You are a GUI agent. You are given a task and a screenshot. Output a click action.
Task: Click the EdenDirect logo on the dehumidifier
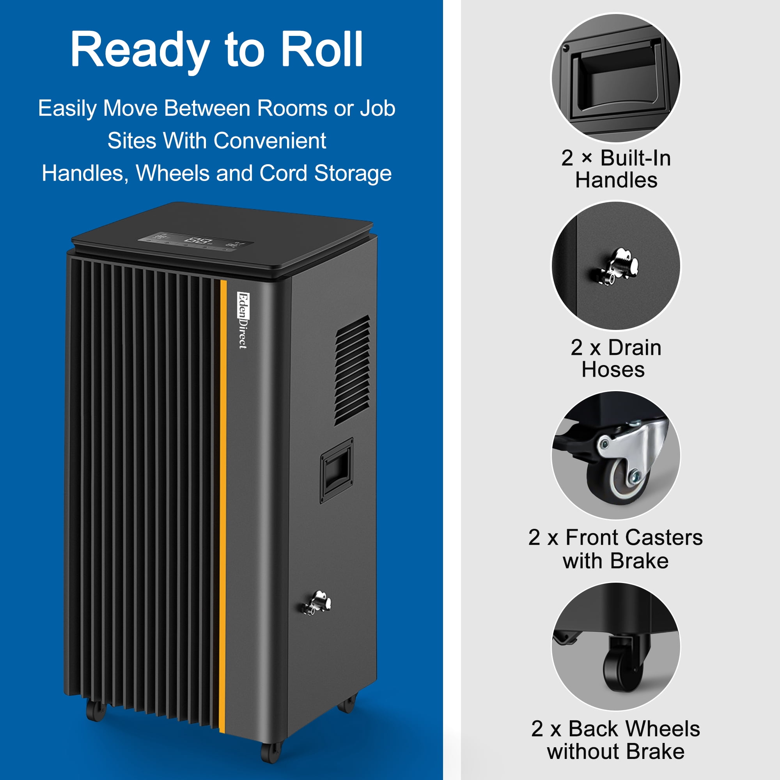(243, 320)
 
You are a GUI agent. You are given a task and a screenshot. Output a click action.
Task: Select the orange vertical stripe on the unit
(223, 507)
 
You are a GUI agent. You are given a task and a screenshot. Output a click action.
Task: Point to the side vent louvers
(352, 370)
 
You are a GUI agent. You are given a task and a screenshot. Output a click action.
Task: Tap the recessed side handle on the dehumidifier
(337, 471)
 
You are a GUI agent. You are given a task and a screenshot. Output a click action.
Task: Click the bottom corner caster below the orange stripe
(271, 752)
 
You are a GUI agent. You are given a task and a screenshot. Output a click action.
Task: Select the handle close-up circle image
(616, 78)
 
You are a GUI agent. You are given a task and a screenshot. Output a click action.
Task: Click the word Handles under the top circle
(616, 180)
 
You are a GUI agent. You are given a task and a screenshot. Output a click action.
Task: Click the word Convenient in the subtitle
(270, 141)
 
